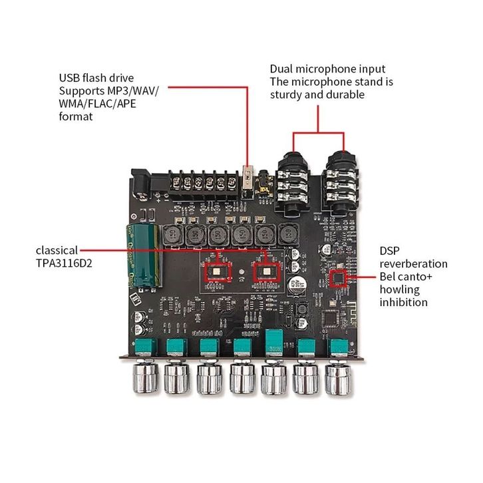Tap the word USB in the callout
(70, 78)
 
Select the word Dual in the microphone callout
(282, 69)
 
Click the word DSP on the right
(391, 251)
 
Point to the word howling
(400, 289)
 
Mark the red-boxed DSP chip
(339, 277)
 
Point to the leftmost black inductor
(174, 234)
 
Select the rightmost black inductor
(287, 234)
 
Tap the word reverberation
(413, 263)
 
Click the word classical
(57, 251)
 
